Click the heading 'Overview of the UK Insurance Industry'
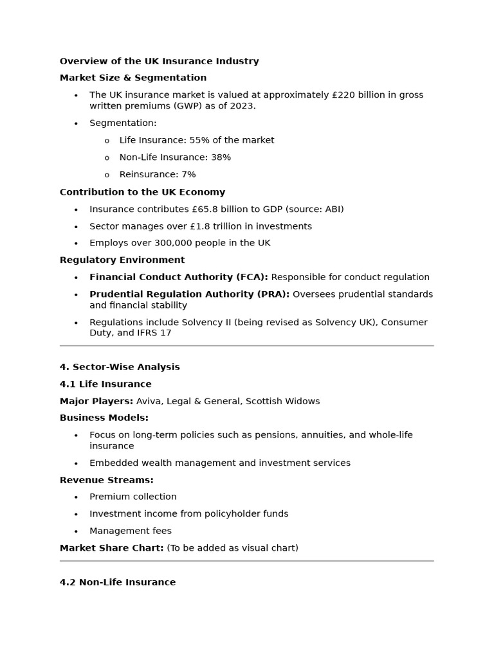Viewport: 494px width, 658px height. pos(159,62)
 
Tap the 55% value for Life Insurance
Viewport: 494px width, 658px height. pos(199,140)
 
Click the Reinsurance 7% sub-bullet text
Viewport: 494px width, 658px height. pos(157,174)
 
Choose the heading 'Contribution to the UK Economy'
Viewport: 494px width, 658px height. pos(142,192)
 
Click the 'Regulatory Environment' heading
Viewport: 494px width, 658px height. pos(122,260)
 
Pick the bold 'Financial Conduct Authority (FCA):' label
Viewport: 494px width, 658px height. pos(178,277)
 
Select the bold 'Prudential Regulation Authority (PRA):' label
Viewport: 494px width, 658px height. pos(189,294)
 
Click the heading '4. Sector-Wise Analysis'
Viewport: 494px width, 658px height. pos(120,367)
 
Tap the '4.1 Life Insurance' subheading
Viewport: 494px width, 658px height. pos(105,384)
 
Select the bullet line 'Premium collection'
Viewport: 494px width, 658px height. pos(133,497)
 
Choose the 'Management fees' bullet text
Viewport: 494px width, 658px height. pos(130,531)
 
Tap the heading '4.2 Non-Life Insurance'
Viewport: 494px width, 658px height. pos(117,582)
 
